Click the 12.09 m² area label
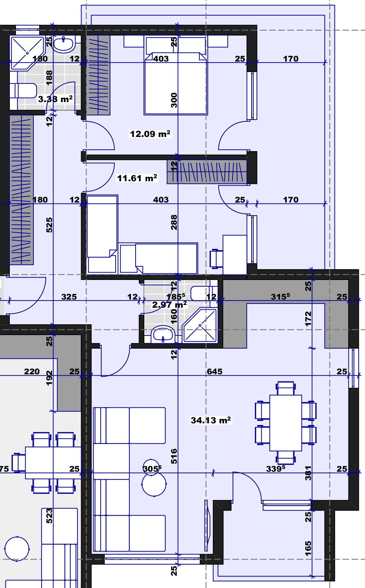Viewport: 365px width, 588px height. (150, 134)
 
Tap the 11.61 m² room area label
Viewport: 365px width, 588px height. (137, 178)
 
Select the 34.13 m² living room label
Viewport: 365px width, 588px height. (211, 420)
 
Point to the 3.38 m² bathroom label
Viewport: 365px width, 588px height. (55, 99)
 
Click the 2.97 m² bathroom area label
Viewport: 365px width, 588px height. (169, 305)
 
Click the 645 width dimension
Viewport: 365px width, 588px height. (215, 372)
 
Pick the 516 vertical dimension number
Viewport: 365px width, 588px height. (174, 456)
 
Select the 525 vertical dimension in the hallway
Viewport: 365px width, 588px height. (49, 225)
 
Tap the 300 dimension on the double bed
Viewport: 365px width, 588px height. (174, 100)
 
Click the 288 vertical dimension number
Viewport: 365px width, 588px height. (174, 222)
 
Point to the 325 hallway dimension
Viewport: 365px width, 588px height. (69, 297)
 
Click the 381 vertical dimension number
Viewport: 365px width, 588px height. (308, 473)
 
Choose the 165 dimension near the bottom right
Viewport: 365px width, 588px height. (308, 548)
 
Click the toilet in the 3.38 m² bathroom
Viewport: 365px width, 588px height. (23, 91)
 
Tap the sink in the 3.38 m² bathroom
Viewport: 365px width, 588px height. (64, 44)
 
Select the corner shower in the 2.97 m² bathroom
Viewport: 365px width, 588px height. (200, 325)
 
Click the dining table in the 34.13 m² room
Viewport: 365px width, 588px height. (286, 423)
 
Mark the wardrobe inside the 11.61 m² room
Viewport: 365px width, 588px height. (207, 172)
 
